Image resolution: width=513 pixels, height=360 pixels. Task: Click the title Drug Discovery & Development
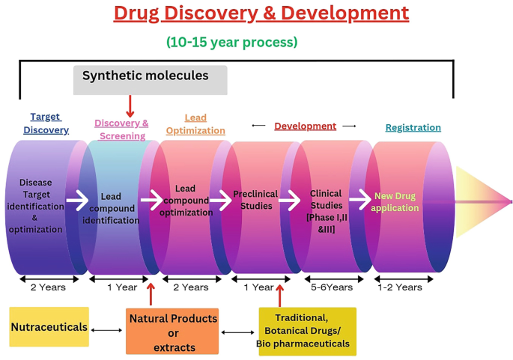pyautogui.click(x=261, y=13)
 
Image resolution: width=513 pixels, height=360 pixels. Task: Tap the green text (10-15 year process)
pyautogui.click(x=231, y=43)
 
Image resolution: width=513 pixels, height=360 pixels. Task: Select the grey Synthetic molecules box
pyautogui.click(x=150, y=79)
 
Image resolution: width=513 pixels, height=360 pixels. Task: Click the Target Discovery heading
pyautogui.click(x=46, y=123)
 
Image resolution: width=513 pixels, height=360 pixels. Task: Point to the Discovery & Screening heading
pyautogui.click(x=121, y=129)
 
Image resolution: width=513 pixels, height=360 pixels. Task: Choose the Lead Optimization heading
pyautogui.click(x=195, y=124)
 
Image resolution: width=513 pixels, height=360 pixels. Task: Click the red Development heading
pyautogui.click(x=305, y=126)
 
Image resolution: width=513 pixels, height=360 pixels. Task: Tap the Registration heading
pyautogui.click(x=413, y=127)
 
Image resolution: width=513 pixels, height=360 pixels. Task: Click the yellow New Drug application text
pyautogui.click(x=395, y=202)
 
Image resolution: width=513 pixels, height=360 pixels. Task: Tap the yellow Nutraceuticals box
pyautogui.click(x=49, y=327)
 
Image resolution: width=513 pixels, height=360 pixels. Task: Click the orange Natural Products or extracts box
pyautogui.click(x=172, y=331)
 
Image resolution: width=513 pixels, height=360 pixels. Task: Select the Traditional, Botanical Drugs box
pyautogui.click(x=307, y=331)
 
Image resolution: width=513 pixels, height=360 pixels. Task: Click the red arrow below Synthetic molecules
pyautogui.click(x=130, y=106)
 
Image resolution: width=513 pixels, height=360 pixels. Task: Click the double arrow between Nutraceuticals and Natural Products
pyautogui.click(x=107, y=329)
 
